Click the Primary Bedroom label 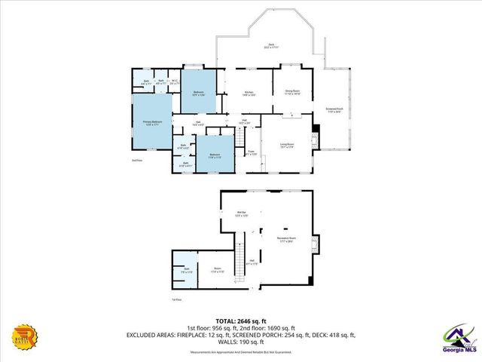[x=153, y=121]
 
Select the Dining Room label [x=292, y=92]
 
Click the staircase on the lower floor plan [x=242, y=260]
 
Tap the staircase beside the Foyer [x=239, y=140]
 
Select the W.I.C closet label [x=174, y=82]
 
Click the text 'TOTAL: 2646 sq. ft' [x=241, y=321]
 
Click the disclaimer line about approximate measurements [x=241, y=352]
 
